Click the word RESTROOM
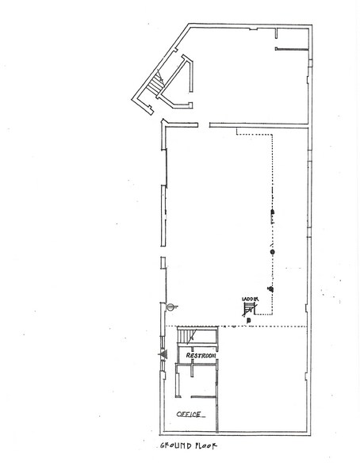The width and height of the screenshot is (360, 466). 201,356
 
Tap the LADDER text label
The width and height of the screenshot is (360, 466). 251,299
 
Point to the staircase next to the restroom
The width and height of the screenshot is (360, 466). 184,338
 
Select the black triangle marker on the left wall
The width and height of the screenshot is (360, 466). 164,354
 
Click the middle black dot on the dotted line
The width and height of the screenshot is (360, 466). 272,252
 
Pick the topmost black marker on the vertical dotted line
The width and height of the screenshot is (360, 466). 272,212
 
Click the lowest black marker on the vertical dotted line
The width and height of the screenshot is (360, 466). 270,288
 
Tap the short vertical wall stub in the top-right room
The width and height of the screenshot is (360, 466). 274,33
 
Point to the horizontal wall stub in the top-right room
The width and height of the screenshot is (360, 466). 290,49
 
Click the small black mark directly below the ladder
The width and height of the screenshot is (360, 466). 249,320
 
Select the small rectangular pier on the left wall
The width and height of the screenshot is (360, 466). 163,265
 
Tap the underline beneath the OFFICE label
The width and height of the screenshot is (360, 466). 191,418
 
